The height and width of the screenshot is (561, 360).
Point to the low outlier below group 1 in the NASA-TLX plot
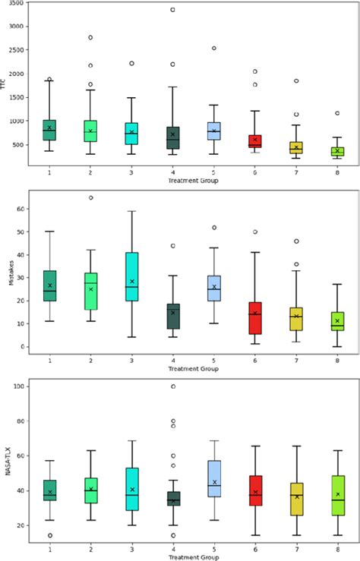(50, 535)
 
